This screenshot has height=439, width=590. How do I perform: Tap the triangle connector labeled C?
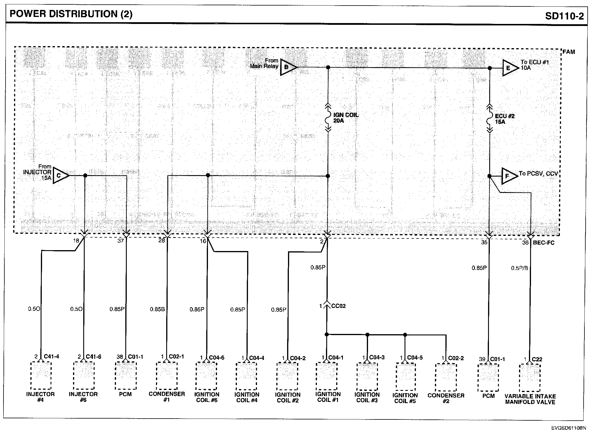point(60,175)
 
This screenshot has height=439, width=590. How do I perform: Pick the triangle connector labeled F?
point(509,176)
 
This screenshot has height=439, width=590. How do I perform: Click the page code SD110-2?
point(564,16)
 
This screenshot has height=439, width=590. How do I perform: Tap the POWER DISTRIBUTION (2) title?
point(71,14)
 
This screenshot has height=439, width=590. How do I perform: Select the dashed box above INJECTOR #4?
point(41,376)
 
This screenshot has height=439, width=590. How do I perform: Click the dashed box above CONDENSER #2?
point(446,377)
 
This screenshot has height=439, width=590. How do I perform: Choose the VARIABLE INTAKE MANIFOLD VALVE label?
point(530,399)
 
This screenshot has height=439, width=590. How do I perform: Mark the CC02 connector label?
point(338,306)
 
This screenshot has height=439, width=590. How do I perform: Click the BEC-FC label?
point(544,243)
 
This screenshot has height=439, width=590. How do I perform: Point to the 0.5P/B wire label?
point(519,268)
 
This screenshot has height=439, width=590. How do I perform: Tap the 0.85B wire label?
point(158,309)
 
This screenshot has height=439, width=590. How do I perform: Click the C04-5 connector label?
point(415,358)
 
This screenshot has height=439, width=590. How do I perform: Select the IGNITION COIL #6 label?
point(206,397)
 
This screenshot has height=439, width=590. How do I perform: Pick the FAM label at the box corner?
point(568,52)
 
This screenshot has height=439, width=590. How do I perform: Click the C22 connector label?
point(537,359)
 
